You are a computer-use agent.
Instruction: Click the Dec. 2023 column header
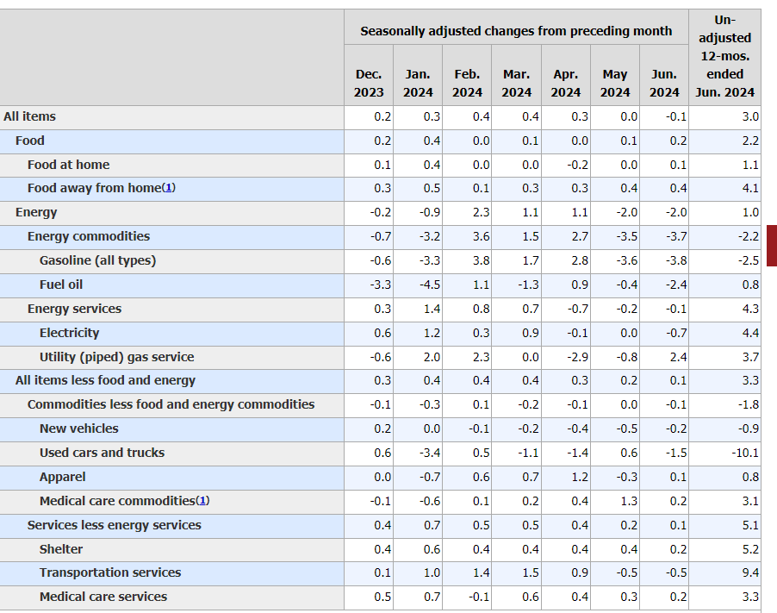point(369,83)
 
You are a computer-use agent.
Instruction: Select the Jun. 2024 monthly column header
point(664,83)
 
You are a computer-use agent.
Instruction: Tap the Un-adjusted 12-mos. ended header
point(724,56)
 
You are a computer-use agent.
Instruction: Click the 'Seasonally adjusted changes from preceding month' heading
point(516,31)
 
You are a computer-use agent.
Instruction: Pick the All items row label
point(30,116)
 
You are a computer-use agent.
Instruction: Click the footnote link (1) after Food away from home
point(169,188)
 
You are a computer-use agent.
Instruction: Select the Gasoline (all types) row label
point(97,260)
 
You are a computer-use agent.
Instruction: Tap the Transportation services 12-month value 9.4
point(749,572)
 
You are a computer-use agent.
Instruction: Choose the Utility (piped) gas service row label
point(116,357)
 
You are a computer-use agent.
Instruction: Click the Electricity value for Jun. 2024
point(676,333)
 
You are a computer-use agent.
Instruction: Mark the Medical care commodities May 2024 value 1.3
point(629,501)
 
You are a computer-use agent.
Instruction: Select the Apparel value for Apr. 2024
point(579,477)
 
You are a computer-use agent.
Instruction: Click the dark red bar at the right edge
point(771,245)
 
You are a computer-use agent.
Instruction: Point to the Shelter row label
point(61,549)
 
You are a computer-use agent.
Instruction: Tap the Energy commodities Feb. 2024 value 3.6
point(481,236)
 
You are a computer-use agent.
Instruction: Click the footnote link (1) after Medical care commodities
point(202,501)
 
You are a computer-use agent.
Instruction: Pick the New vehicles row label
point(79,428)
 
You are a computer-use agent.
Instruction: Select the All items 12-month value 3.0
point(749,116)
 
